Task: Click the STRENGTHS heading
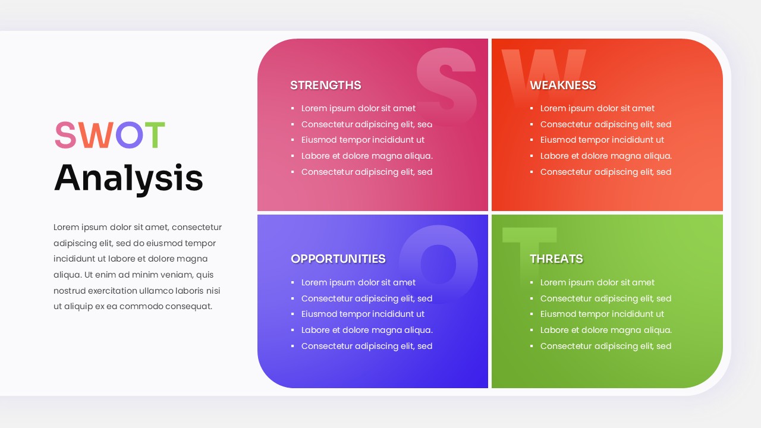coord(325,85)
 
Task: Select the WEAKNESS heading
coord(562,85)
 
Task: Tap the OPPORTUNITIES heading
coord(338,259)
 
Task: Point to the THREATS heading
coord(556,259)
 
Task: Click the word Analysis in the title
coord(128,178)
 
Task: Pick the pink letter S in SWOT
coord(65,136)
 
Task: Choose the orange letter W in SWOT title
coord(95,136)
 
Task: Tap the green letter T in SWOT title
coord(154,136)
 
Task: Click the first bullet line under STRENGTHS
coord(358,108)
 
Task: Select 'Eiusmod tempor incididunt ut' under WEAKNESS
coord(602,140)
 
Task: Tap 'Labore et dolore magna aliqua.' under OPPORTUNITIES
coord(366,330)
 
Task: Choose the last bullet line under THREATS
coord(605,346)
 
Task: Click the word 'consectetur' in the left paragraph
coord(197,227)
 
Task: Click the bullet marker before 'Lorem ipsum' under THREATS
coord(532,283)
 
